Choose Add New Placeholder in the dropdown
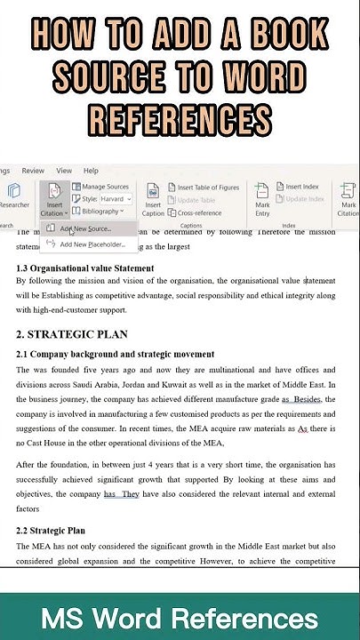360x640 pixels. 92,244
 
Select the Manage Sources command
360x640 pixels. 104,187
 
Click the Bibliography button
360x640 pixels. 102,212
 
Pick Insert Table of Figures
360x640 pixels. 207,187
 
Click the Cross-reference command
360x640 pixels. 199,213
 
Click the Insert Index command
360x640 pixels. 301,187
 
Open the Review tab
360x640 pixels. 33,170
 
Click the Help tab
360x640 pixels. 91,170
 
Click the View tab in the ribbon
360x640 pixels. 64,170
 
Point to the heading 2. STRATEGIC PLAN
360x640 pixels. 72,334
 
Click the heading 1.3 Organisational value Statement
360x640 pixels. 85,268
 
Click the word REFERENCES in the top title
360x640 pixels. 180,118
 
